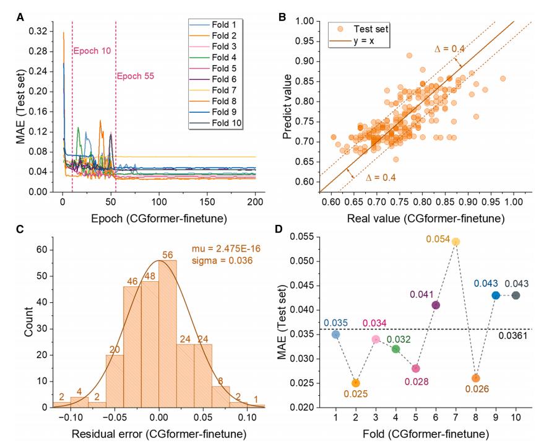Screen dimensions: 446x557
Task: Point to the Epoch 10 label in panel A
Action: (92, 50)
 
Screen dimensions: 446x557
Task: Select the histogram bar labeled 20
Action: (114, 381)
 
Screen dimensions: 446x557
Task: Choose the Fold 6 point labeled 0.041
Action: (436, 305)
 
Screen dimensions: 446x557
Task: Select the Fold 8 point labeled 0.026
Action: (475, 378)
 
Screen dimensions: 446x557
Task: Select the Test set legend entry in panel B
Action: (365, 28)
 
